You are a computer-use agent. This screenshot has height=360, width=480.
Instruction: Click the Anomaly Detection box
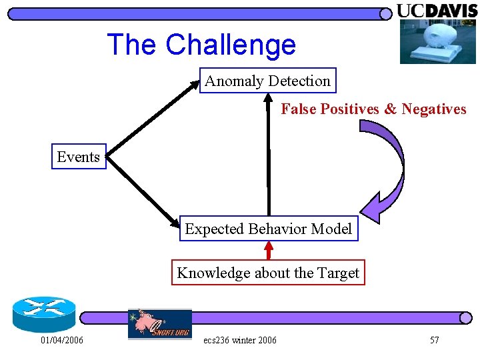267,81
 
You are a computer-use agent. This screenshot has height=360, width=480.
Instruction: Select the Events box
79,157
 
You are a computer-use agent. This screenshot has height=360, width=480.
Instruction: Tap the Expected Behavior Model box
268,229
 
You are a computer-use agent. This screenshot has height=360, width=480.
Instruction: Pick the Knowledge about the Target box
268,273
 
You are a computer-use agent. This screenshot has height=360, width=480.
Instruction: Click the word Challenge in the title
231,45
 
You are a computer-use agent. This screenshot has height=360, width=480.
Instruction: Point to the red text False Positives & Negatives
373,109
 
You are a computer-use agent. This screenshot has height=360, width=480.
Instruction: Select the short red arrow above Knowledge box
269,250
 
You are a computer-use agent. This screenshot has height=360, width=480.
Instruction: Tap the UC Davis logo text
437,10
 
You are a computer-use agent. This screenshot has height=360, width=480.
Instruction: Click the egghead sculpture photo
437,41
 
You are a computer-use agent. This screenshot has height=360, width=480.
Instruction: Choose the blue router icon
43,313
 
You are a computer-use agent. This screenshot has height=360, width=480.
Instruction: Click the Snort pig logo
159,323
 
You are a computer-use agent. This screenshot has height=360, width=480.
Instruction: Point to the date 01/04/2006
62,341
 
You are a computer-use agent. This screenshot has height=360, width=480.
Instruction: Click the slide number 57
434,341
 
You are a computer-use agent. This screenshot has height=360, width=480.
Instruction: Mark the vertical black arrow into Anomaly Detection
269,153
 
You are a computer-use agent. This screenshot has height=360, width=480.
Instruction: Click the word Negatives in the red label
434,109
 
